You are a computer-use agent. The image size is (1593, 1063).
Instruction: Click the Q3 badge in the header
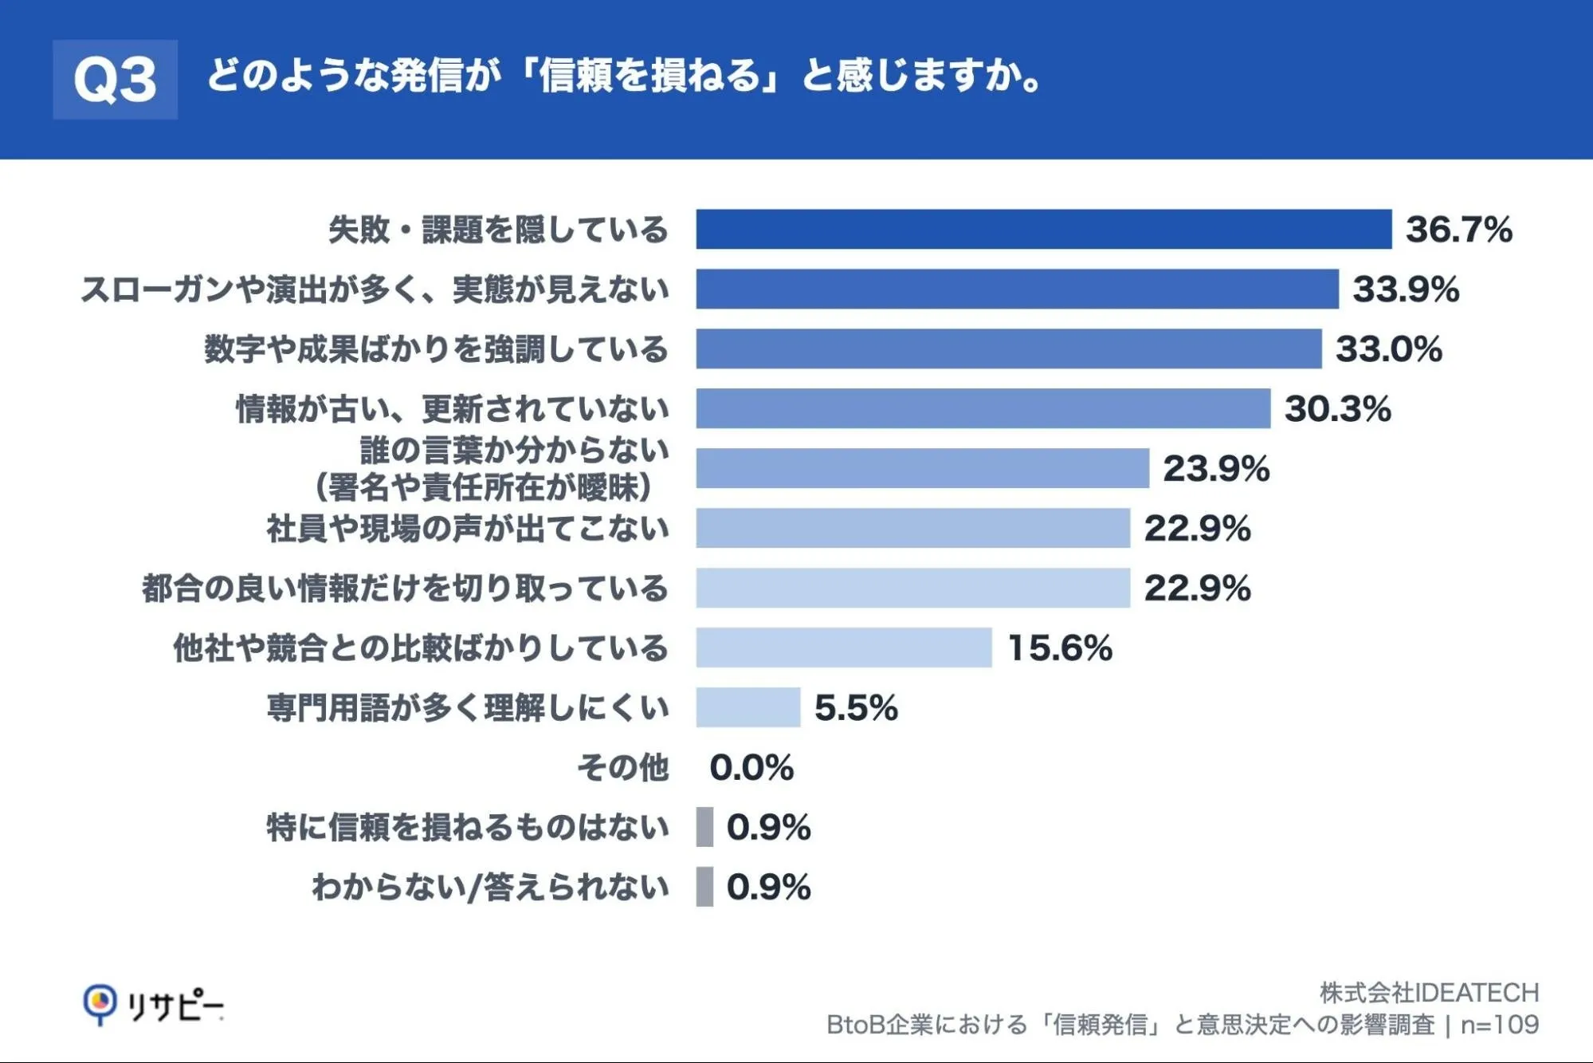click(x=116, y=80)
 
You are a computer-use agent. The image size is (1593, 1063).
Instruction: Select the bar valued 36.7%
click(x=1044, y=230)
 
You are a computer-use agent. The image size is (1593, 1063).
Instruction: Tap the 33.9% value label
click(x=1406, y=289)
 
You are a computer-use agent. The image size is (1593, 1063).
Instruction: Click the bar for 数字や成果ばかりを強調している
click(x=1009, y=349)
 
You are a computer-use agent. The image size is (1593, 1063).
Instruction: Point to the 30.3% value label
click(x=1337, y=409)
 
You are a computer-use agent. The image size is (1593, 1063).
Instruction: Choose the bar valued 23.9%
click(x=923, y=469)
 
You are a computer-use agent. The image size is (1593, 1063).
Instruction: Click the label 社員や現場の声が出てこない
click(x=468, y=529)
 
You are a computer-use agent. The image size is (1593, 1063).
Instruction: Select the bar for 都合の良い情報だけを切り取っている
click(x=913, y=588)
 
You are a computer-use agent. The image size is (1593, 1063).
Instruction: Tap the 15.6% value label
click(x=1060, y=648)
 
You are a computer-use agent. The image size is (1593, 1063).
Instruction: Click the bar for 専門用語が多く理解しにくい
click(x=748, y=707)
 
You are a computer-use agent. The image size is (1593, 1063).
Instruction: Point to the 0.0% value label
click(x=751, y=768)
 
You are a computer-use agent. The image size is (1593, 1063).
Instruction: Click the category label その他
click(x=623, y=767)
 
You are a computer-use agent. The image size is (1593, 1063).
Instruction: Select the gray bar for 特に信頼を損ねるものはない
click(x=704, y=827)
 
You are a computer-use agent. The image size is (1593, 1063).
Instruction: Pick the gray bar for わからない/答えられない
click(x=704, y=887)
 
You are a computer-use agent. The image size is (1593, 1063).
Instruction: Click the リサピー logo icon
click(x=100, y=1004)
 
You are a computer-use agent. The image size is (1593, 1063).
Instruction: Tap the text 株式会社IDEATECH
click(x=1429, y=993)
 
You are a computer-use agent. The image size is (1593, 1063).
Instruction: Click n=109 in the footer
click(x=1499, y=1025)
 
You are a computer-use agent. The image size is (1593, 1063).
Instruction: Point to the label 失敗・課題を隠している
click(x=498, y=230)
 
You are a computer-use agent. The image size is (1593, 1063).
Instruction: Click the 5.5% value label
click(x=856, y=708)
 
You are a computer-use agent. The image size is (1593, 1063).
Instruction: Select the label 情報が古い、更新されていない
click(x=452, y=409)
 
